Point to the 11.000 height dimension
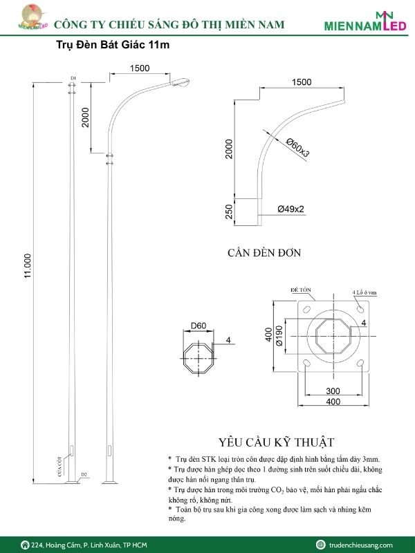[x=28, y=266]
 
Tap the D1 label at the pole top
[x=73, y=77]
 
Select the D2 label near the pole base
[x=84, y=474]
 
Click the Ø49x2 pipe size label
[x=291, y=209]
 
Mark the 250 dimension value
[x=229, y=212]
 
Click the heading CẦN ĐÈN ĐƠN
[x=264, y=253]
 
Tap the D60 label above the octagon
[x=199, y=326]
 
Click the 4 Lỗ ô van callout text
[x=365, y=292]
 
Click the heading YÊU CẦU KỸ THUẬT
[x=276, y=442]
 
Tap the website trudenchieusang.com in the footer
[x=360, y=545]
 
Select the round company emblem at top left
[x=28, y=17]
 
